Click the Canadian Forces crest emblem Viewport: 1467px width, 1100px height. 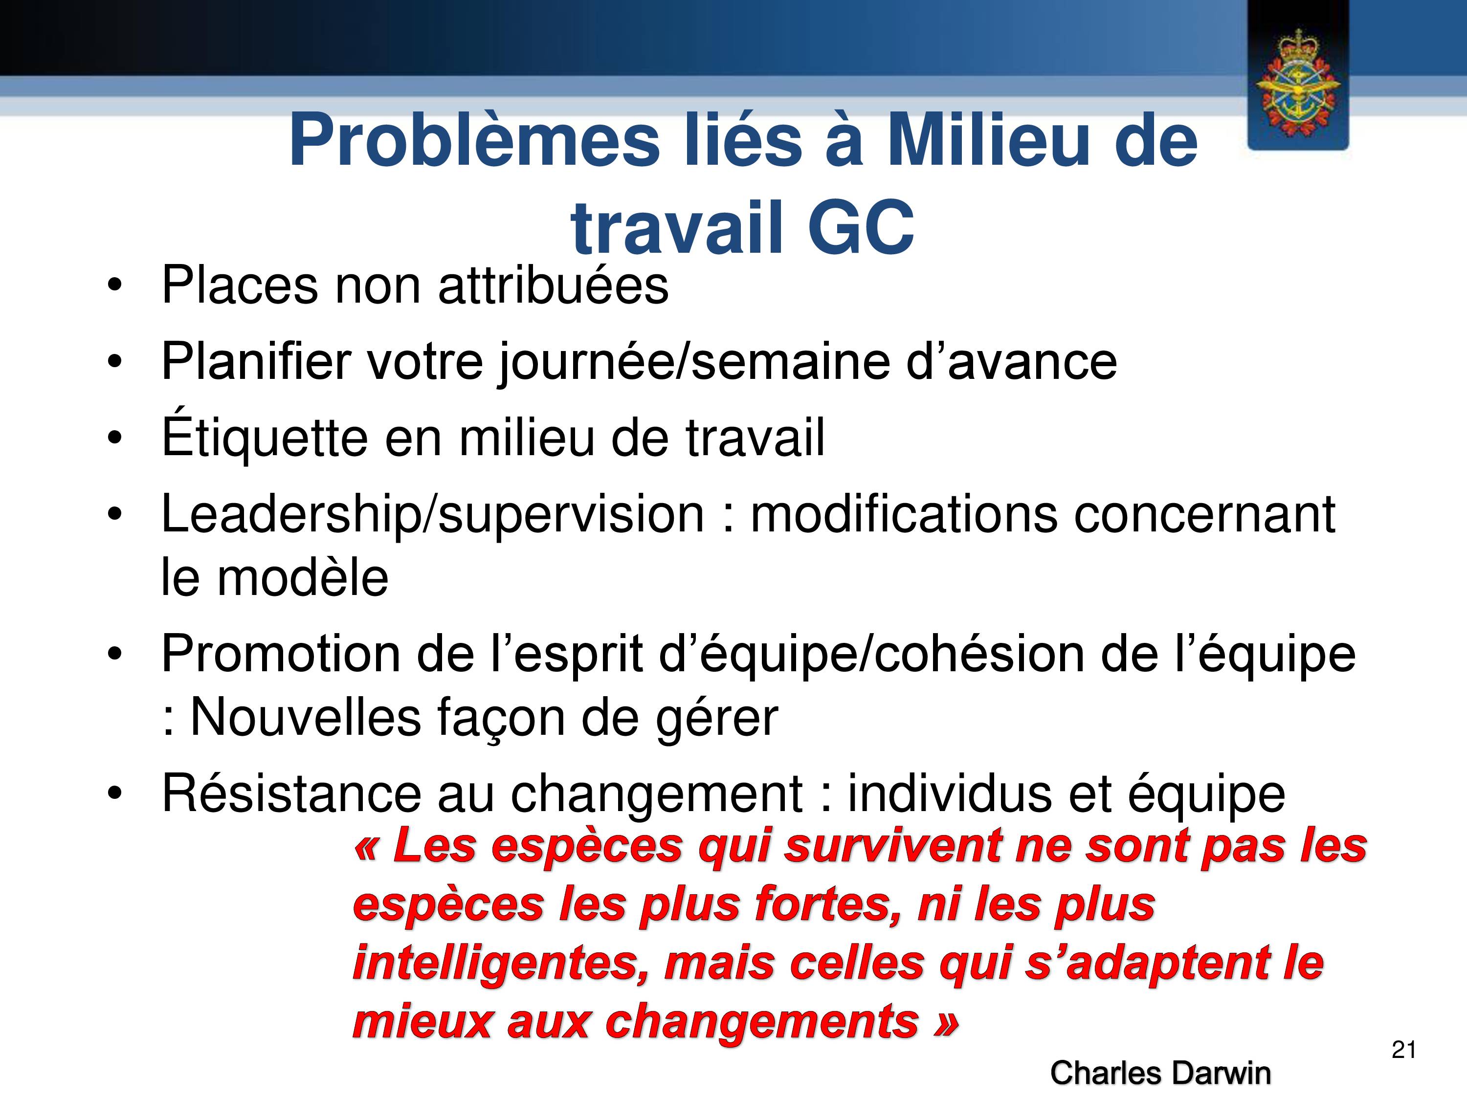click(1298, 84)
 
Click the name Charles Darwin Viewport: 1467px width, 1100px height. click(1160, 1073)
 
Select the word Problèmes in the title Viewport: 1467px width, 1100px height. click(474, 141)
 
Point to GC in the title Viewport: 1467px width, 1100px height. click(861, 228)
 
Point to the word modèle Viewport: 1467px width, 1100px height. click(302, 577)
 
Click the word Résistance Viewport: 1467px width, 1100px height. click(291, 793)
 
